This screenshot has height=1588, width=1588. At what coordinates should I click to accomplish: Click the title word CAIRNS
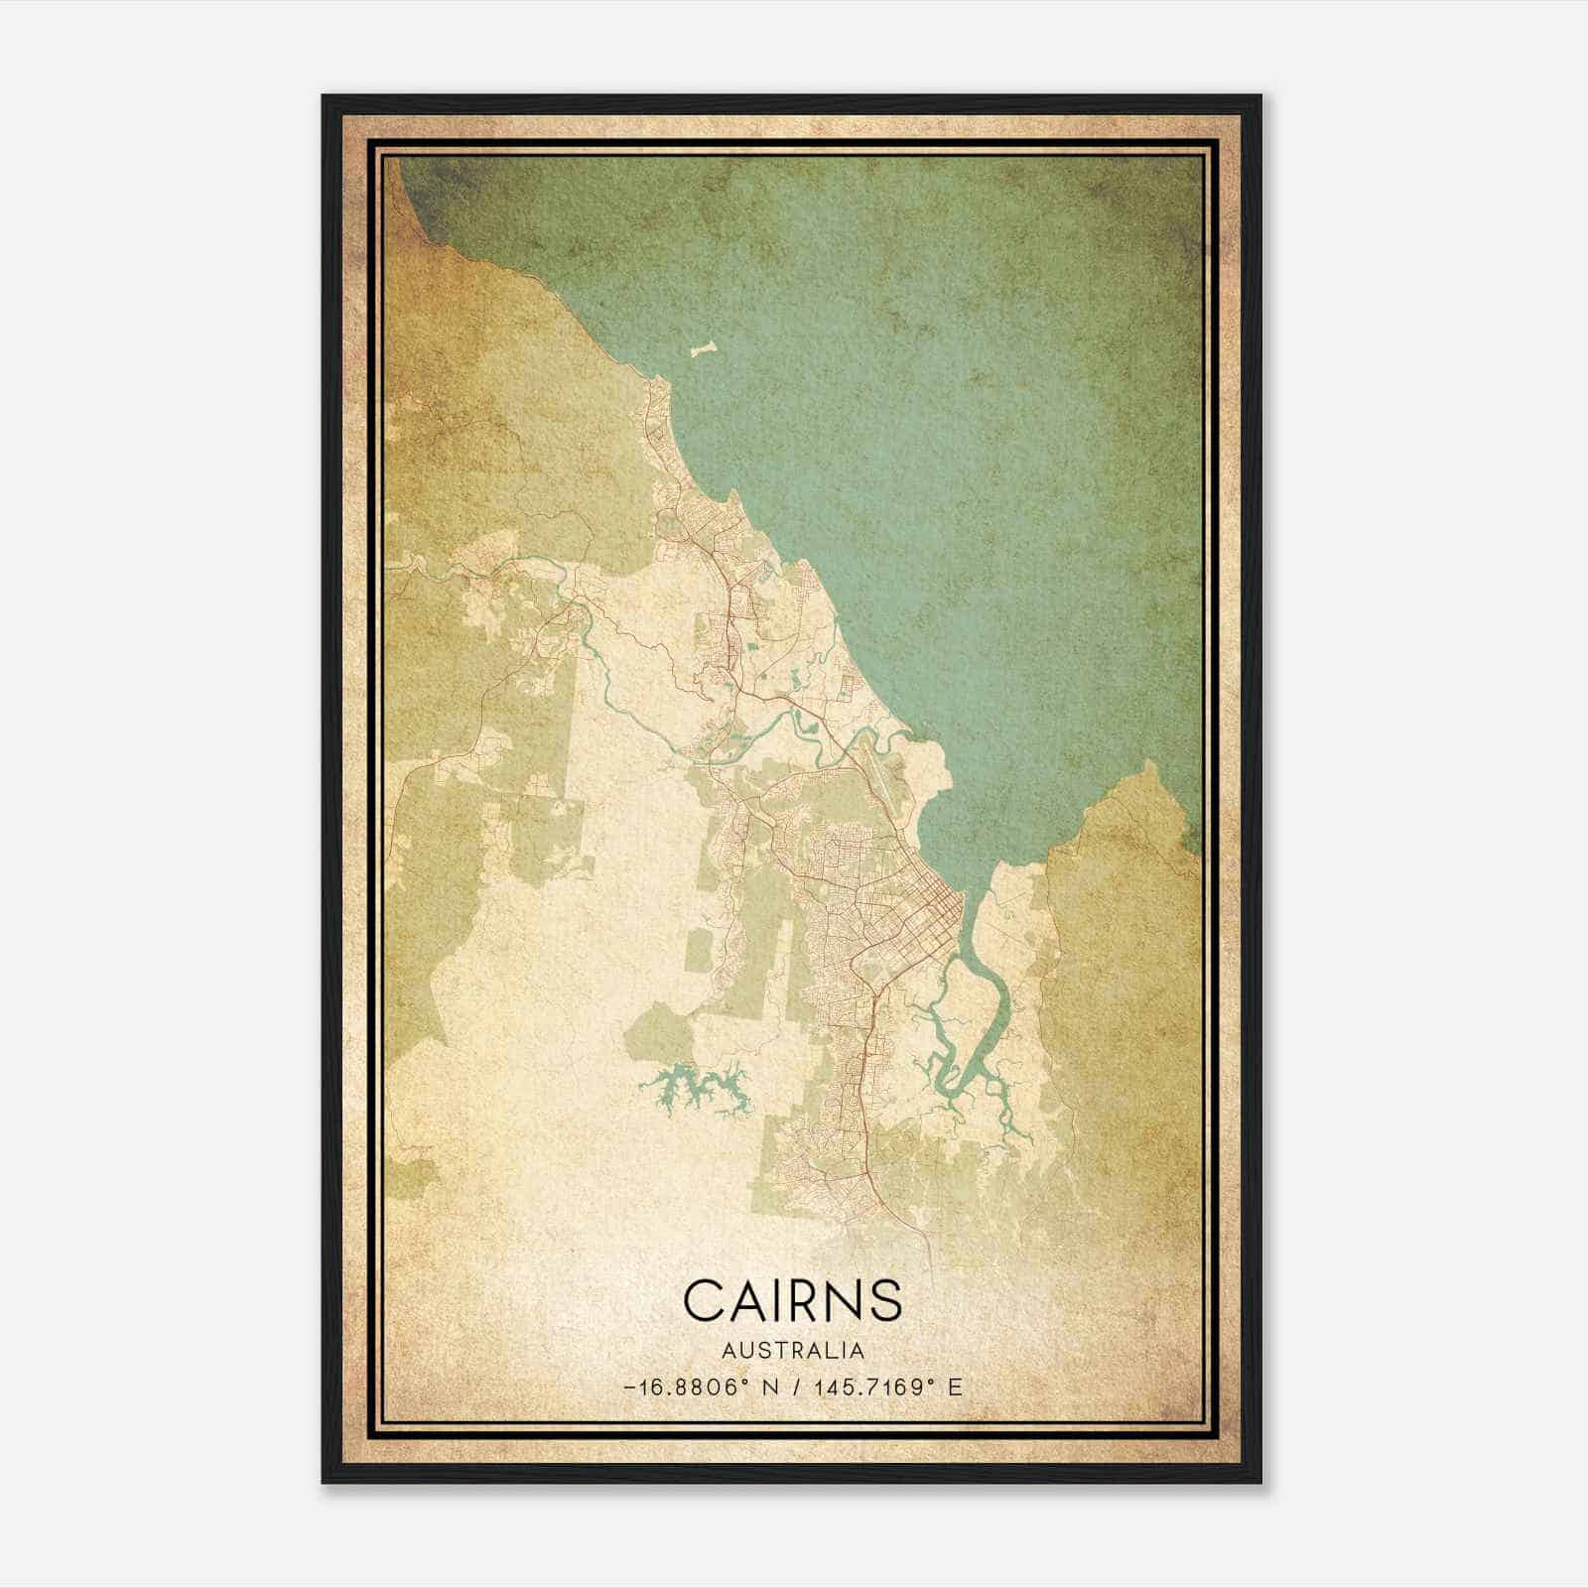tap(793, 1299)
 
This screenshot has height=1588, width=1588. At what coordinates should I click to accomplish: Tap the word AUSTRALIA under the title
tap(793, 1351)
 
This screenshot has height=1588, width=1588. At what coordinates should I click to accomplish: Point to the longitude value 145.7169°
tap(871, 1388)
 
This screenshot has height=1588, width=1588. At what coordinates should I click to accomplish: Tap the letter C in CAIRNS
tap(703, 1299)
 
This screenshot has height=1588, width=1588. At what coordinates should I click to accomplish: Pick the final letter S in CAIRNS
tap(885, 1299)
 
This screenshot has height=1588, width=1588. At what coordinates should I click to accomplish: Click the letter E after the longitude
tap(955, 1388)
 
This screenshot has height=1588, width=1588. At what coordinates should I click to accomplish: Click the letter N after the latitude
tap(771, 1388)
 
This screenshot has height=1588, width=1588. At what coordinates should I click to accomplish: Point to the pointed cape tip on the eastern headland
tap(1148, 764)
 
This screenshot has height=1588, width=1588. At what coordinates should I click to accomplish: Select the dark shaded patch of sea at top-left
tap(437, 189)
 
